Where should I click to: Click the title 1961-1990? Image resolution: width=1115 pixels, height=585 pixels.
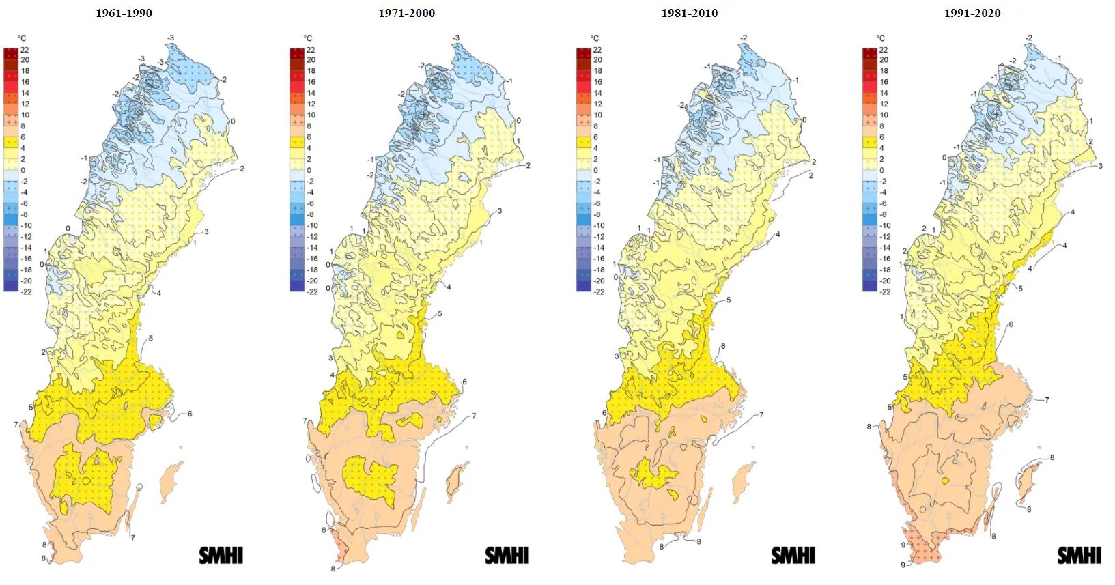pos(124,13)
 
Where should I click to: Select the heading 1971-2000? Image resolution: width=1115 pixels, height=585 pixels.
pos(406,13)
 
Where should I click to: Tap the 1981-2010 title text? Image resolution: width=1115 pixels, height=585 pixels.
pos(689,13)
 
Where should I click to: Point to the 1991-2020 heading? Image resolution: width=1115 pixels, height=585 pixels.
pos(972,13)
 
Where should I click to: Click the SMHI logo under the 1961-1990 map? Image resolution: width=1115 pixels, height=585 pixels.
pos(221,556)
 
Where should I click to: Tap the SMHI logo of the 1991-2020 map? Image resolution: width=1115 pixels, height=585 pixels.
pos(1079,556)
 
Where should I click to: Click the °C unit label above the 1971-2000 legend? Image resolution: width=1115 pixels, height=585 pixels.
pos(308,38)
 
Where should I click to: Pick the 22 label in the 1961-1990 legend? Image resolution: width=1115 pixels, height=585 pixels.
pos(25,50)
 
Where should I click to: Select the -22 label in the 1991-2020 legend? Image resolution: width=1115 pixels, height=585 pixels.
pos(885,291)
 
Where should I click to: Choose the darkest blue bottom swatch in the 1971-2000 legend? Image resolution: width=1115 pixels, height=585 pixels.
pos(297,287)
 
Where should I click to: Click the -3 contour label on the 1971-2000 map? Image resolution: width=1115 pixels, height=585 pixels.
pos(456,38)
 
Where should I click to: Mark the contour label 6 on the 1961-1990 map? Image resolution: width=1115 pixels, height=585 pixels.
pos(190,414)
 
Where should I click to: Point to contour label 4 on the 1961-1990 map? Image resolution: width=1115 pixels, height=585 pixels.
pos(159,293)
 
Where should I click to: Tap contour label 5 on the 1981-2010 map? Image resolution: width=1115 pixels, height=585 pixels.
pos(729,300)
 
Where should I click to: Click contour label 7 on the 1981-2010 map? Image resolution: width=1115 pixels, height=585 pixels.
pos(761,414)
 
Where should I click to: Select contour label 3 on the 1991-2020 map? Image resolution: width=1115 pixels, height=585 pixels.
pos(1100,166)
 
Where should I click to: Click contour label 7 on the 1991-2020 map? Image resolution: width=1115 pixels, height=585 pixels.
pos(1047,400)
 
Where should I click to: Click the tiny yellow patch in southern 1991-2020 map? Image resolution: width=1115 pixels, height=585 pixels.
pos(945,481)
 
